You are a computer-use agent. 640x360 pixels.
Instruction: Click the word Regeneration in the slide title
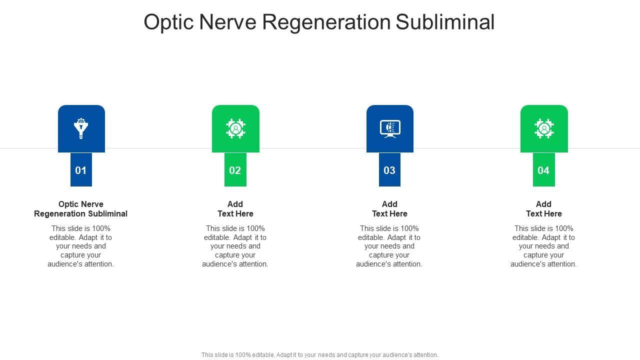click(327, 22)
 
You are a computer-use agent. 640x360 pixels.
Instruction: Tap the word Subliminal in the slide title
click(445, 22)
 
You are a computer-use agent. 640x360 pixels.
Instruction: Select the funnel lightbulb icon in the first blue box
click(81, 128)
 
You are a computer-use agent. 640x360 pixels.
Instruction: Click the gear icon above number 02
click(235, 128)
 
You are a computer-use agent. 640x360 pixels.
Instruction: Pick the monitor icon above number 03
click(390, 128)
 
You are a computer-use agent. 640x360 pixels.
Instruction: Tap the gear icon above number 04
click(544, 128)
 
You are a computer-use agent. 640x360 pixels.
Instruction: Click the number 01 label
click(81, 170)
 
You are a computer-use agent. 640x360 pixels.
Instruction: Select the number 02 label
click(235, 170)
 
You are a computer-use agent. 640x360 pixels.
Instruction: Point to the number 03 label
click(389, 170)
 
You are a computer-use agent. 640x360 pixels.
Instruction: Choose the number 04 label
click(543, 170)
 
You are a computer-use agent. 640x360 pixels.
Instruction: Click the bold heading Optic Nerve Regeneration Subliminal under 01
click(81, 209)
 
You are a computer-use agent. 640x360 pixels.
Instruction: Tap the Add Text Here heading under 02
click(235, 209)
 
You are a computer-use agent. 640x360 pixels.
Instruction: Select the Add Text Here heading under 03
click(389, 209)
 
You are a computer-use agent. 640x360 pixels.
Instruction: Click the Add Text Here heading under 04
click(543, 209)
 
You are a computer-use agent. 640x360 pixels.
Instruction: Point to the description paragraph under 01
click(81, 246)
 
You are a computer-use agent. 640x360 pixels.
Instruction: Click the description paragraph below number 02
click(235, 246)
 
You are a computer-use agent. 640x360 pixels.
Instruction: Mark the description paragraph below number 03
click(389, 246)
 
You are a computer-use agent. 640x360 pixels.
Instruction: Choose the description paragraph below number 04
click(543, 246)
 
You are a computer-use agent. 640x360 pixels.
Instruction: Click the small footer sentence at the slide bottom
click(320, 355)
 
